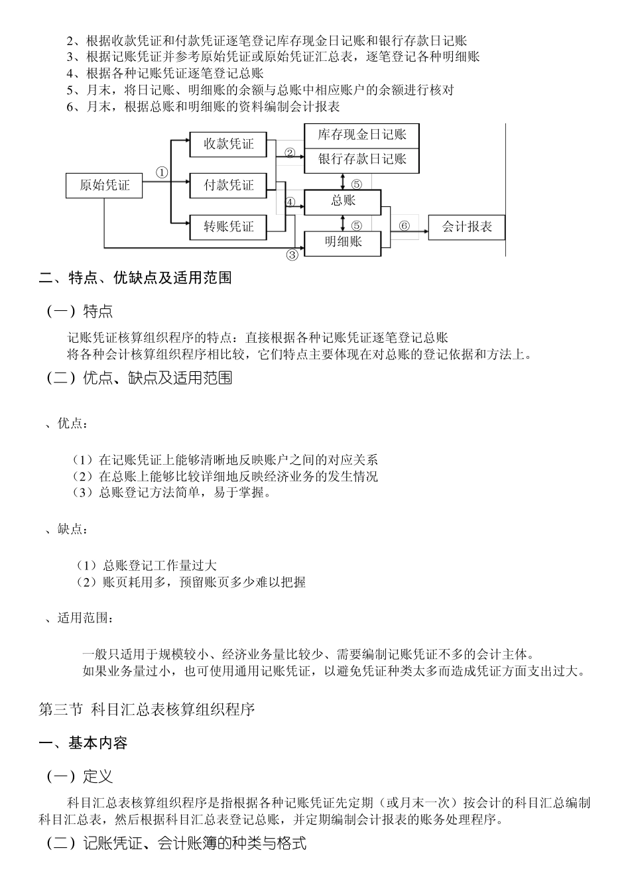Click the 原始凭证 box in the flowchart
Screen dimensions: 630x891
click(105, 185)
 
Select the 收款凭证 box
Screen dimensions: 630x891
click(229, 144)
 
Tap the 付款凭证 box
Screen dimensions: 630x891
click(229, 185)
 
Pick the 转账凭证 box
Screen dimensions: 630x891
click(229, 227)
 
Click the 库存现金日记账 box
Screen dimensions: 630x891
click(361, 135)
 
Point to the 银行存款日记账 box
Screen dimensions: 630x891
click(361, 159)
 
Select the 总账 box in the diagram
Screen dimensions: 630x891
click(343, 202)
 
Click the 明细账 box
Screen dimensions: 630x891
click(343, 243)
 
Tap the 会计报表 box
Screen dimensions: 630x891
click(467, 227)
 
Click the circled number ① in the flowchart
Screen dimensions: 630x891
click(162, 172)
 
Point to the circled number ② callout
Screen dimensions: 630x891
click(290, 152)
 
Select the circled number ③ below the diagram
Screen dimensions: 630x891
click(292, 255)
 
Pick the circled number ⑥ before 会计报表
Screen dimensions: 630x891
click(405, 226)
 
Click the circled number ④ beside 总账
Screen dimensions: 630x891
click(290, 202)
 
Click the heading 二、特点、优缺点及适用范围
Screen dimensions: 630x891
click(135, 278)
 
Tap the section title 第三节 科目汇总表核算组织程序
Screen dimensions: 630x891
click(147, 710)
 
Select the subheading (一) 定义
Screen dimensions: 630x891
click(80, 776)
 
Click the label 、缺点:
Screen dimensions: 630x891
click(66, 529)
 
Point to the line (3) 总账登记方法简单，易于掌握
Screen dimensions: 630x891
click(172, 493)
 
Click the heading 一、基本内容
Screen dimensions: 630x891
click(84, 743)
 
